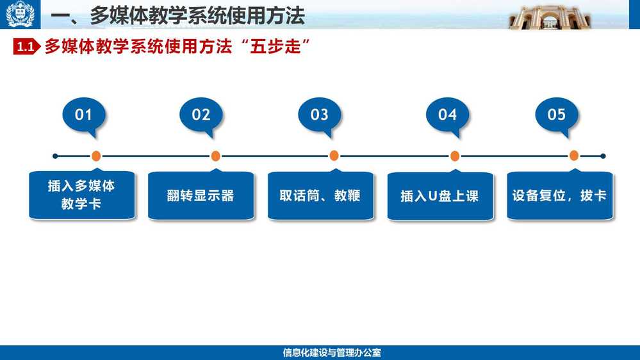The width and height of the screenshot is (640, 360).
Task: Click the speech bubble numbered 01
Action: tap(84, 115)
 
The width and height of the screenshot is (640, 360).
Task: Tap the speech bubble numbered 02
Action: tap(201, 115)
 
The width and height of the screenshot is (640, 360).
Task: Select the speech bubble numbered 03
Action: tap(319, 115)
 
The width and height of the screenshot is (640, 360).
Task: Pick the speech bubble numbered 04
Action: tap(447, 115)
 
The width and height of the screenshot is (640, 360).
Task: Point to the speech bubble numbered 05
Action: tap(557, 115)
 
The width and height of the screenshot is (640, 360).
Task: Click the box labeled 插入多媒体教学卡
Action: tap(81, 195)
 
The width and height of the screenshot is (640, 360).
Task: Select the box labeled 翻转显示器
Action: tap(201, 195)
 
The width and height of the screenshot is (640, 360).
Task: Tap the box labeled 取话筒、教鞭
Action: tap(320, 195)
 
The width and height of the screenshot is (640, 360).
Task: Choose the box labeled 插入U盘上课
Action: tap(440, 195)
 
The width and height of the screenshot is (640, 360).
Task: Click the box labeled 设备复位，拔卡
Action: tap(559, 195)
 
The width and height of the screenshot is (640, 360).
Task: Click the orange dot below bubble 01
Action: tap(96, 156)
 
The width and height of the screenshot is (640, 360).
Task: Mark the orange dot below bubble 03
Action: tap(334, 156)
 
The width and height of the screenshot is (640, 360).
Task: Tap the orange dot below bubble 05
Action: tap(574, 156)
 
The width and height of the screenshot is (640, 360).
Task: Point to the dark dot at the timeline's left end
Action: tap(55, 156)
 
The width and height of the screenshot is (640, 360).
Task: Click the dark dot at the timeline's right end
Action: tap(603, 156)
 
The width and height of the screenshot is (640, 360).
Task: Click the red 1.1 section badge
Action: tap(26, 47)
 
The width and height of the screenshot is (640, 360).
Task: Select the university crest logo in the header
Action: tap(20, 14)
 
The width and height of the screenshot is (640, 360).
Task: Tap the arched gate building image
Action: tap(550, 17)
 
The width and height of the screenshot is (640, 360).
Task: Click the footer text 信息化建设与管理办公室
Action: tap(332, 353)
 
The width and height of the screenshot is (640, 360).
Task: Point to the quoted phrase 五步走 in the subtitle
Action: tap(275, 47)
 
